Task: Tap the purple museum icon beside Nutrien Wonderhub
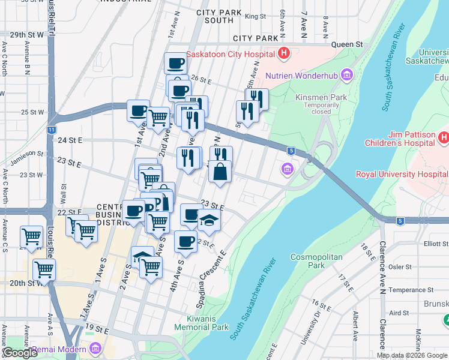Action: (x=346, y=75)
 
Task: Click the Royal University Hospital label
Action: (x=402, y=175)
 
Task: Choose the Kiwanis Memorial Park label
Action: (x=201, y=323)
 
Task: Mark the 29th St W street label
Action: (x=22, y=35)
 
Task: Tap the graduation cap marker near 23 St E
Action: (x=209, y=220)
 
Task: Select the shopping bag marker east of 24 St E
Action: (x=220, y=172)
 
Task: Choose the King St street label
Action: (x=255, y=16)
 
